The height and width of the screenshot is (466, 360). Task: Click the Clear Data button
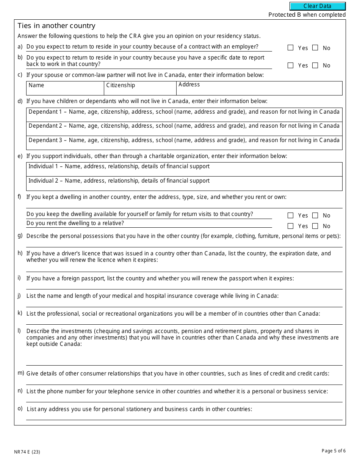click(x=318, y=6)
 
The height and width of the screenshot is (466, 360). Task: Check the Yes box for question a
click(x=291, y=48)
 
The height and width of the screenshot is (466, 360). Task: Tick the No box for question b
click(x=315, y=65)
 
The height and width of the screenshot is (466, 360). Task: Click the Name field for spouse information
click(x=65, y=90)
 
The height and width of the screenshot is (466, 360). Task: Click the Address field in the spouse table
click(x=259, y=90)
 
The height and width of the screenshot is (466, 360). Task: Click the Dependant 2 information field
click(x=184, y=129)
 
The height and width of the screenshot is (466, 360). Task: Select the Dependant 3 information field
click(x=184, y=143)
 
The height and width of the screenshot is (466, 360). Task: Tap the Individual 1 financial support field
click(x=184, y=169)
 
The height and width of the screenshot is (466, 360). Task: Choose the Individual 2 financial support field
click(x=184, y=184)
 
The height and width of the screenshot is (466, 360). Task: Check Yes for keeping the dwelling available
click(x=291, y=215)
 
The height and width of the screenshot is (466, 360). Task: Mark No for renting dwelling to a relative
click(x=315, y=226)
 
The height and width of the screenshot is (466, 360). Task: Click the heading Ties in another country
click(x=56, y=26)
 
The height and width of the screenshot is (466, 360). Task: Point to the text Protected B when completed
click(x=307, y=15)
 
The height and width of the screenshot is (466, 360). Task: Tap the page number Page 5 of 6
click(x=333, y=450)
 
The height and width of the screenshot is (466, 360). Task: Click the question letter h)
click(x=20, y=253)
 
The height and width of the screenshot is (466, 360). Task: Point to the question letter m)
click(x=20, y=373)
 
